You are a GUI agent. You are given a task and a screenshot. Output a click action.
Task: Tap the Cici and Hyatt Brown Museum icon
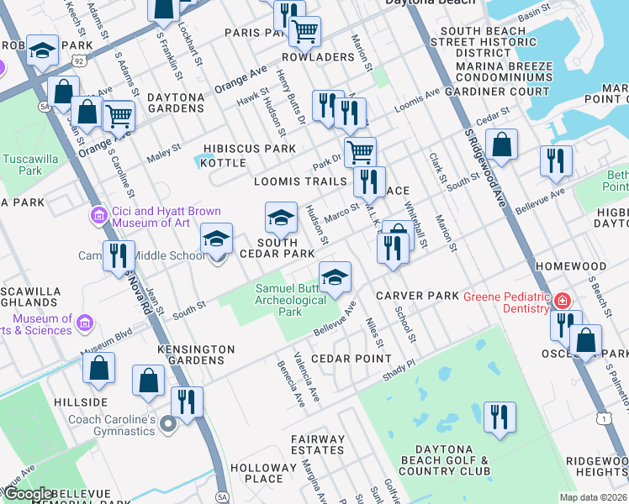(99, 217)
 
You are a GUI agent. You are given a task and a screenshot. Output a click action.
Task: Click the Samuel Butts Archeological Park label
(290, 300)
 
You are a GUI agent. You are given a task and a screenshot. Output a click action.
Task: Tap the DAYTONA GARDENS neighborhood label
(176, 103)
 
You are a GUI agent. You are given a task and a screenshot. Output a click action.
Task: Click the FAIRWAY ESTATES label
(318, 444)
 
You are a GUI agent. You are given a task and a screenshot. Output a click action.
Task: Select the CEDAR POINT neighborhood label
(341, 358)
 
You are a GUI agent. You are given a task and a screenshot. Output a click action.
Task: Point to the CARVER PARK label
(417, 296)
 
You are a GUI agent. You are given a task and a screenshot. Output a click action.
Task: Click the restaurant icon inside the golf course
(499, 418)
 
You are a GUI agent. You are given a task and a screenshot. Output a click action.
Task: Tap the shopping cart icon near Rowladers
(304, 32)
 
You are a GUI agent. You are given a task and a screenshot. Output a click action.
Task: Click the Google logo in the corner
(27, 494)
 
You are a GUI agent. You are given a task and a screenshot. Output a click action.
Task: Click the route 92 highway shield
(78, 60)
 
